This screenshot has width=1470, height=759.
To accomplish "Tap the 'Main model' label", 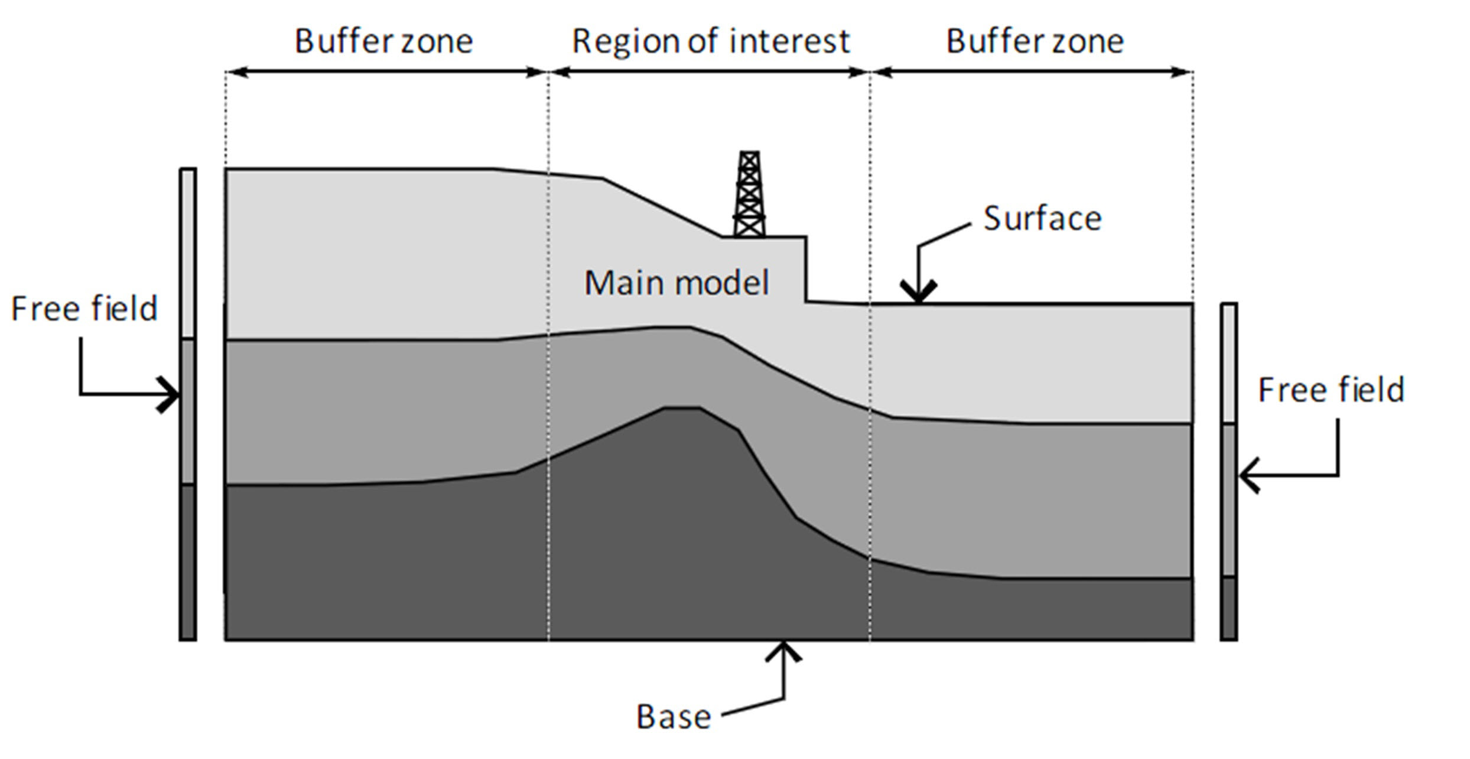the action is click(x=677, y=283).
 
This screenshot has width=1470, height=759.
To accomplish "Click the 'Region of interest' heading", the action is click(x=711, y=41).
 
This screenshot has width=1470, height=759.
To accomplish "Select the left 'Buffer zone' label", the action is click(x=384, y=41).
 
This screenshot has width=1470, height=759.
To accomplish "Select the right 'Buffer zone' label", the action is click(x=1035, y=41).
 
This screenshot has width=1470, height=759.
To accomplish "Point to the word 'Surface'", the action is click(x=1043, y=219).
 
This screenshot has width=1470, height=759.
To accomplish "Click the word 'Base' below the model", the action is click(x=674, y=716).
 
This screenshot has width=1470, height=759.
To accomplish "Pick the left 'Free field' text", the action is click(x=84, y=309).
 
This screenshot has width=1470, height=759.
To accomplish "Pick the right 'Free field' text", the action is click(x=1331, y=390).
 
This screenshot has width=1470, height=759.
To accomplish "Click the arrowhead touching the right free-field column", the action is click(x=1248, y=475).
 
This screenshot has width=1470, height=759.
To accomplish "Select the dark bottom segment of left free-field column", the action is click(x=188, y=562).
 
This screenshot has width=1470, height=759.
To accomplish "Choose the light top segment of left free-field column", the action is click(x=188, y=254).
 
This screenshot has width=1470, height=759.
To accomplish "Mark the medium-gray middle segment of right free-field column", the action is click(x=1229, y=500).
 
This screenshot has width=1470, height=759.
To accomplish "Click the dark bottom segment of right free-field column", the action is click(x=1229, y=608).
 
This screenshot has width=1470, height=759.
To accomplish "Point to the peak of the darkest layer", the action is click(x=682, y=408).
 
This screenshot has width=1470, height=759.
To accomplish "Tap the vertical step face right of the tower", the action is click(x=806, y=270).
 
